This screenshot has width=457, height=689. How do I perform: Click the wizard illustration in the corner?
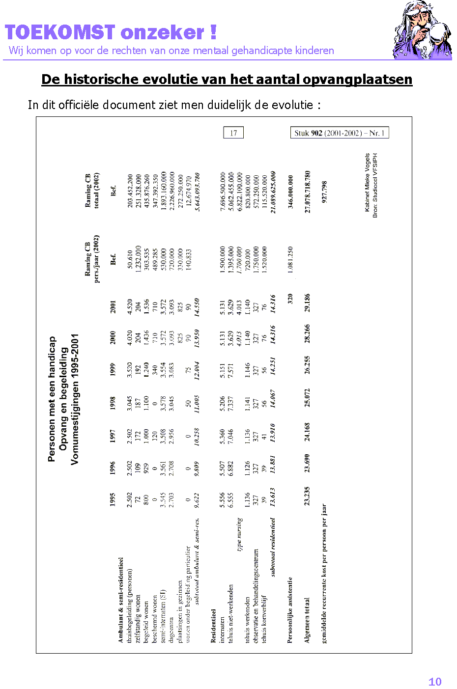(x=422, y=30)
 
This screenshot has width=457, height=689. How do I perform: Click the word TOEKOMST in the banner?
(x=60, y=32)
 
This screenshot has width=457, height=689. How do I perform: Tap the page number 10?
(x=435, y=682)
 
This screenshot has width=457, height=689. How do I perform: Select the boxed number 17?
(x=233, y=133)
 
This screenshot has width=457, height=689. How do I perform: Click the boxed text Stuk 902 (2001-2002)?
(x=340, y=133)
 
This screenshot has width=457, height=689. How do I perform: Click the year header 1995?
(x=113, y=499)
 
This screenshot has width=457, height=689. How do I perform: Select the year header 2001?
(x=113, y=307)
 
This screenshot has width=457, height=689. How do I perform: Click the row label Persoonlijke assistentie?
(x=290, y=609)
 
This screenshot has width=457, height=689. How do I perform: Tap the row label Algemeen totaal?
(x=307, y=620)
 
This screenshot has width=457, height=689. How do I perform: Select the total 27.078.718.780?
(x=308, y=192)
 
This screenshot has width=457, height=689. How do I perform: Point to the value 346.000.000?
(x=290, y=192)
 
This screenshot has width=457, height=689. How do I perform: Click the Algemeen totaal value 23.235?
(x=307, y=496)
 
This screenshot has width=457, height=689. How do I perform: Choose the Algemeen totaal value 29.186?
(x=307, y=303)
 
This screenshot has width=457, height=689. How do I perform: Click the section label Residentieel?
(x=213, y=626)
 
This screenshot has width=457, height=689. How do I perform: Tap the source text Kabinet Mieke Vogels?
(x=367, y=182)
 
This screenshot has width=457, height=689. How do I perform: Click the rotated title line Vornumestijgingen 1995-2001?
(x=75, y=399)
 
